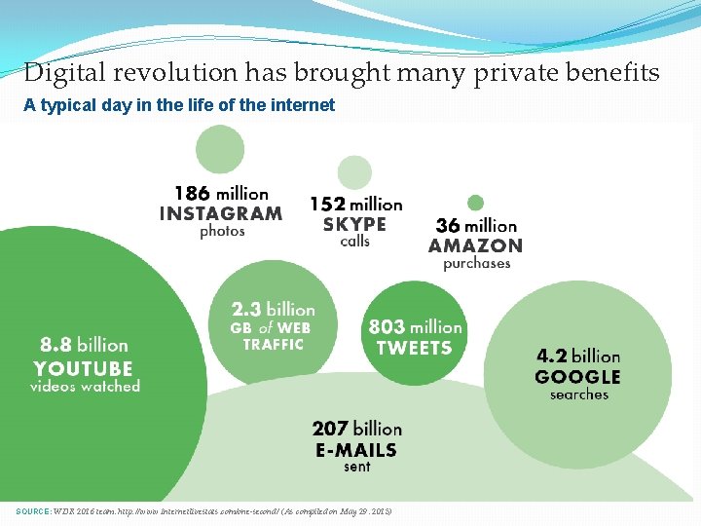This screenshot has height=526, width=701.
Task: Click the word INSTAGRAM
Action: click(x=221, y=213)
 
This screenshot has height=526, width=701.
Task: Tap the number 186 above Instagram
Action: click(x=191, y=194)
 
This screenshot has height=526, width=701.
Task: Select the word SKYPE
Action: click(x=354, y=224)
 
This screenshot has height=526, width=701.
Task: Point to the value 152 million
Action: click(x=355, y=205)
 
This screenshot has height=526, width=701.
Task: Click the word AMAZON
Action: click(x=475, y=245)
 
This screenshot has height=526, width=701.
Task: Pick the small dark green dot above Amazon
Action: click(x=475, y=204)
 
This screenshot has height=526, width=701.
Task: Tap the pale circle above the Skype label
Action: click(x=354, y=172)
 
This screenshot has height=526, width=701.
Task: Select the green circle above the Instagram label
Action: click(x=220, y=149)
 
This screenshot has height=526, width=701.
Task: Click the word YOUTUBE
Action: click(x=83, y=368)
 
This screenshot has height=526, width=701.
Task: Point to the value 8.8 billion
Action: click(x=84, y=345)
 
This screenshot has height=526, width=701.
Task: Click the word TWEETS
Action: click(x=414, y=348)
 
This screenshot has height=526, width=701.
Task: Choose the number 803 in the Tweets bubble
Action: click(x=387, y=327)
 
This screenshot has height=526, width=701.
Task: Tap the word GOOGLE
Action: click(x=577, y=376)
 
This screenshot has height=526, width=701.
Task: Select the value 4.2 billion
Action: click(x=577, y=356)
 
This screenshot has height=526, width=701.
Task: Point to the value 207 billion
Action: click(x=356, y=429)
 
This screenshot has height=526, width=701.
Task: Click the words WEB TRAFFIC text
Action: click(x=274, y=336)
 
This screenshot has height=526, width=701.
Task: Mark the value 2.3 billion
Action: click(x=273, y=310)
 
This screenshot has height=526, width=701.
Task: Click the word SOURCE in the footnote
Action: click(x=35, y=512)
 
